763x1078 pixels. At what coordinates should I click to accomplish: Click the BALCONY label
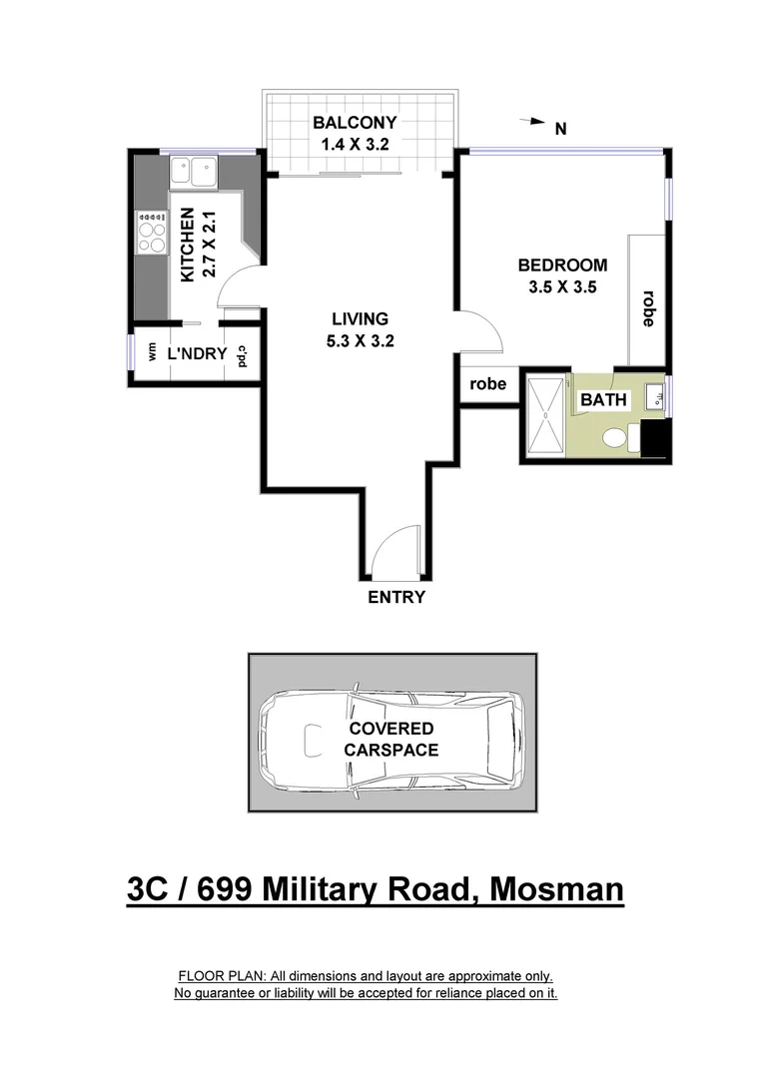355,124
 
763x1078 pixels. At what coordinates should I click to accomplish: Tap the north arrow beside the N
532,122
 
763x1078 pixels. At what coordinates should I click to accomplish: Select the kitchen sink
194,171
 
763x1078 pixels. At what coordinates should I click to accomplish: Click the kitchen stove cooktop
152,233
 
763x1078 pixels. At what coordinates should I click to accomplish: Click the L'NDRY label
196,353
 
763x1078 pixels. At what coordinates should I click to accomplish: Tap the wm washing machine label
152,352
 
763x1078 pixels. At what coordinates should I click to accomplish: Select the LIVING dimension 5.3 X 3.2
360,340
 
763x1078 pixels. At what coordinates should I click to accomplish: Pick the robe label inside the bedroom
647,308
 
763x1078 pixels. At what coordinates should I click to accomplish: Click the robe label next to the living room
489,384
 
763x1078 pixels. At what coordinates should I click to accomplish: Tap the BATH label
604,400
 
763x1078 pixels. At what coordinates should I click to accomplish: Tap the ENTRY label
396,598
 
